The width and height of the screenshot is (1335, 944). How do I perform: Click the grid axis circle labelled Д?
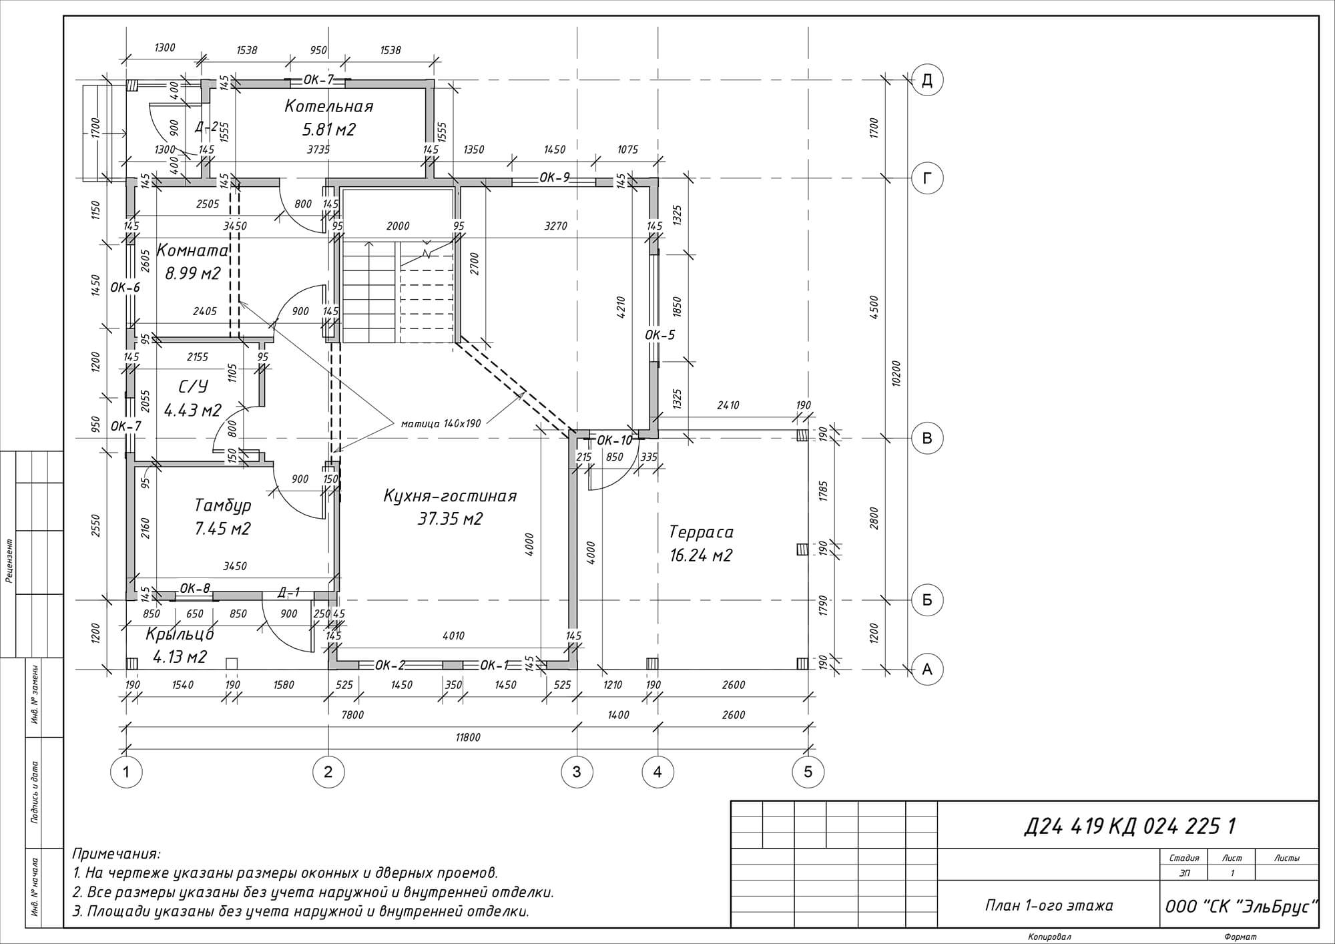[927, 81]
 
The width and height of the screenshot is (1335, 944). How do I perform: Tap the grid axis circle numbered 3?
[577, 772]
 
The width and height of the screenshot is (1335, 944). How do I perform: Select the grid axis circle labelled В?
[927, 439]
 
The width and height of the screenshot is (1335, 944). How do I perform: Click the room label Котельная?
[329, 106]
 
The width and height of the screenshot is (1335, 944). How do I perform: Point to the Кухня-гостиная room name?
[451, 496]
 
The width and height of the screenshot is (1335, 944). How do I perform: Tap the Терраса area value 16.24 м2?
[701, 555]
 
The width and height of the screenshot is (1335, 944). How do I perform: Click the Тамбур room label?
[223, 505]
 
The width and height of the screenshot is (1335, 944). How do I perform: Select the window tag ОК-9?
[555, 177]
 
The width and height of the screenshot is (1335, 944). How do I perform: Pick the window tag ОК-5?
[660, 334]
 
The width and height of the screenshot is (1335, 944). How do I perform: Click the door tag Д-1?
[288, 592]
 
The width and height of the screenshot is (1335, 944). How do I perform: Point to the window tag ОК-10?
[614, 440]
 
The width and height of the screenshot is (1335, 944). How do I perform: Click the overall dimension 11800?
[469, 737]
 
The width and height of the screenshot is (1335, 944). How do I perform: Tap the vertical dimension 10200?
[896, 374]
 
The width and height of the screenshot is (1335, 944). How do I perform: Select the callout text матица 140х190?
[441, 423]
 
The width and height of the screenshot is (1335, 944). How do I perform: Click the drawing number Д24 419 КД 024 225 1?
[1130, 827]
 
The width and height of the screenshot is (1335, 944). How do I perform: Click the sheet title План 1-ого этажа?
[1049, 905]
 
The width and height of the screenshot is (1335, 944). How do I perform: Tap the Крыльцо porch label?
[180, 634]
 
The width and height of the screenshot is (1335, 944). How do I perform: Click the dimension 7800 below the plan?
[352, 715]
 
